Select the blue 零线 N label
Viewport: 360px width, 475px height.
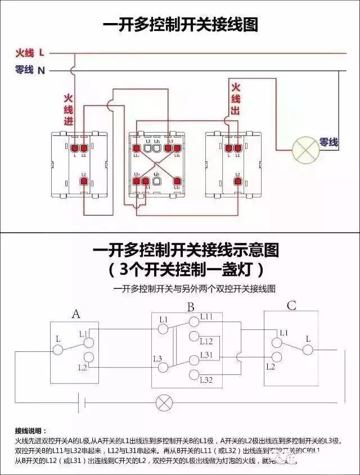[30, 70]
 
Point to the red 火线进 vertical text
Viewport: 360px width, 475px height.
[69, 110]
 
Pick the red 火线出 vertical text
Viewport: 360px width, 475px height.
[236, 99]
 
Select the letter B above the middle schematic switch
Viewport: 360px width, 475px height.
[191, 307]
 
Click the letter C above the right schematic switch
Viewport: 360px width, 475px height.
[291, 306]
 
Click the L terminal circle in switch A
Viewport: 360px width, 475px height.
[57, 350]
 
